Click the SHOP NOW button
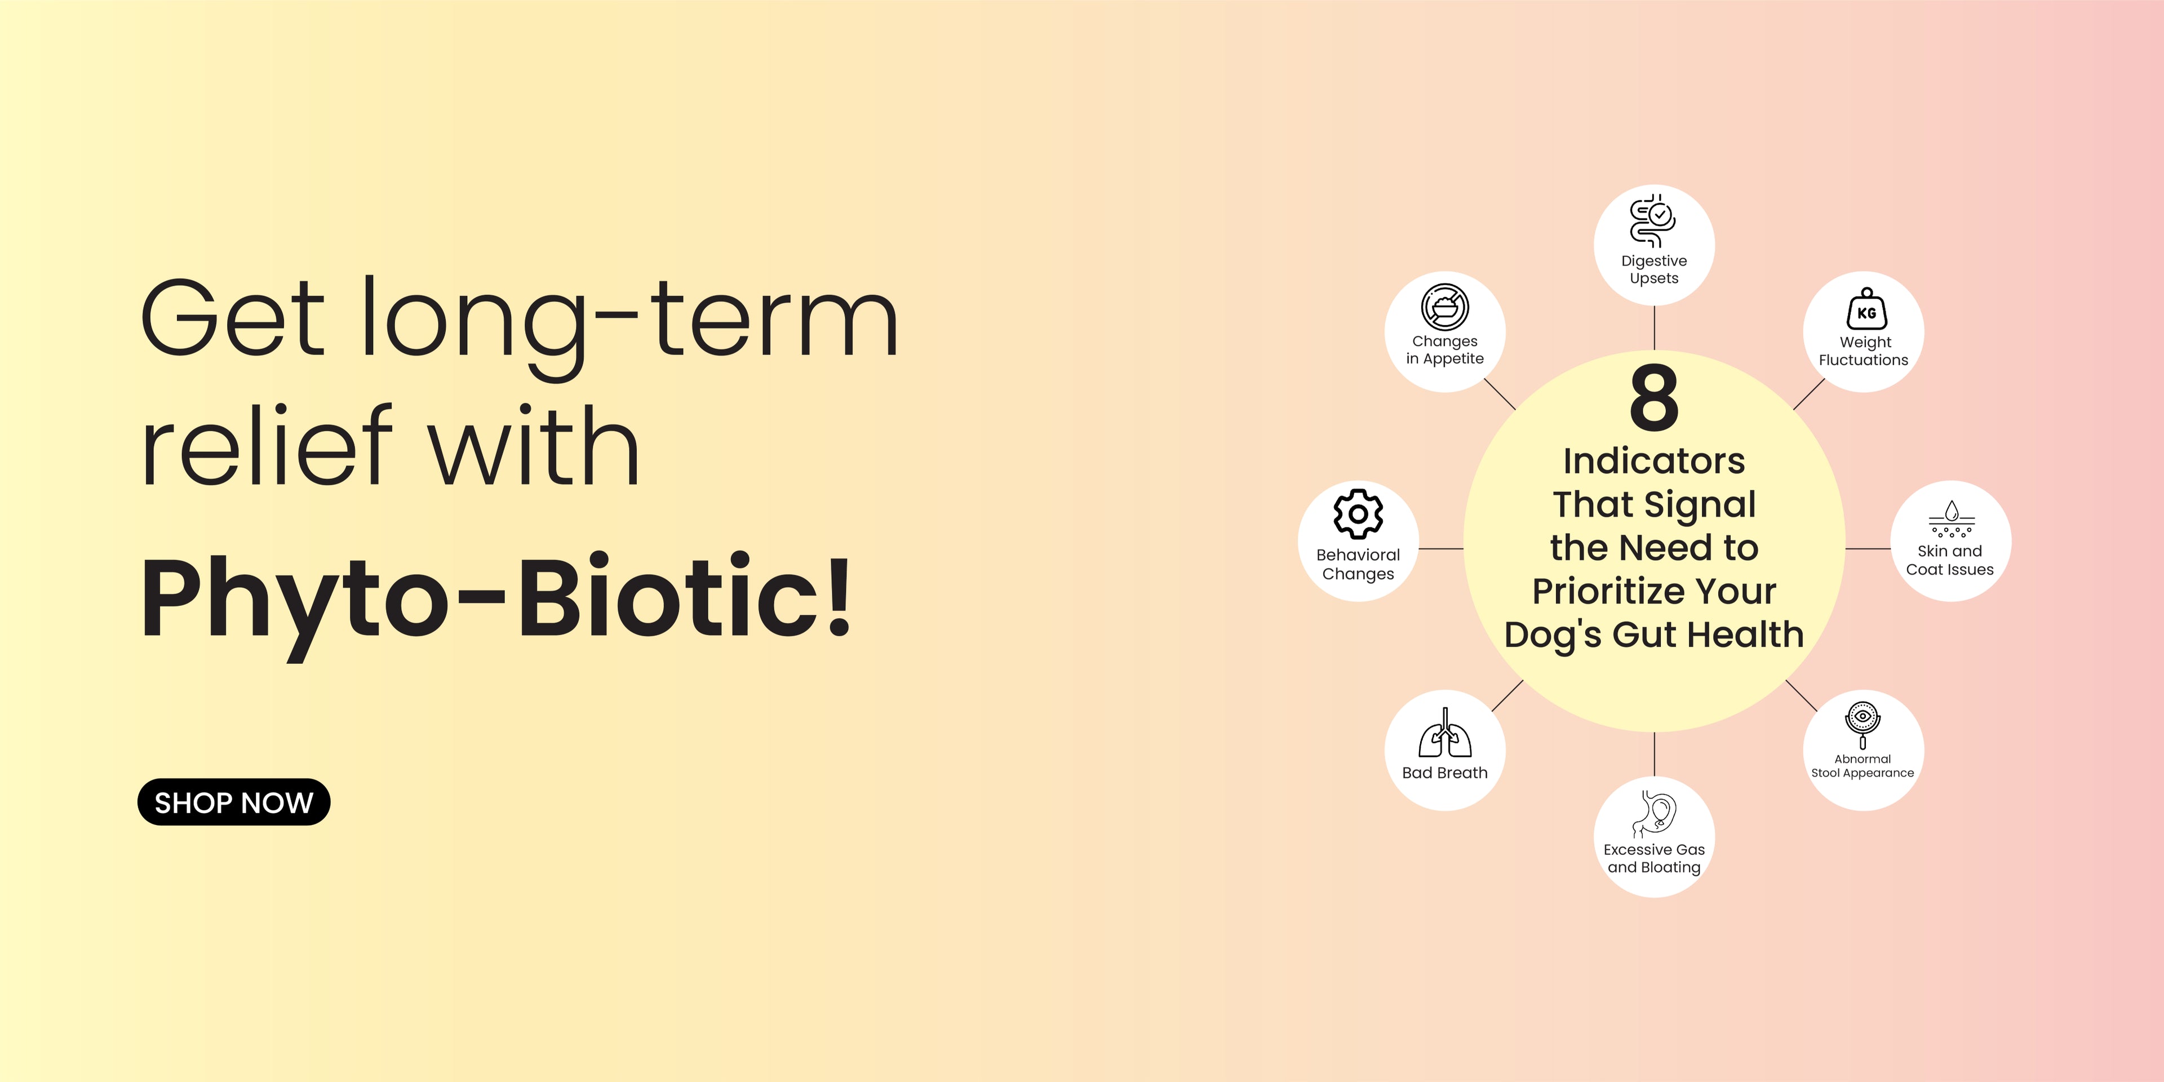(233, 802)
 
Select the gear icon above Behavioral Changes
(1358, 513)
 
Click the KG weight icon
(1866, 309)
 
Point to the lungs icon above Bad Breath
(1445, 733)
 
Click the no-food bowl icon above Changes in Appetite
(1445, 307)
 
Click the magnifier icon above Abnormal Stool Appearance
(1863, 725)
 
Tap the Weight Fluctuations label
(1864, 351)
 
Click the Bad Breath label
(1445, 773)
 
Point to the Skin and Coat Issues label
(1950, 560)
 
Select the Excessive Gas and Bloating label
(1654, 858)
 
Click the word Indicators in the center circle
(1654, 460)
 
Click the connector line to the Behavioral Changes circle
(1442, 548)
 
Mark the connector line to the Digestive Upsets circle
(1654, 327)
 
